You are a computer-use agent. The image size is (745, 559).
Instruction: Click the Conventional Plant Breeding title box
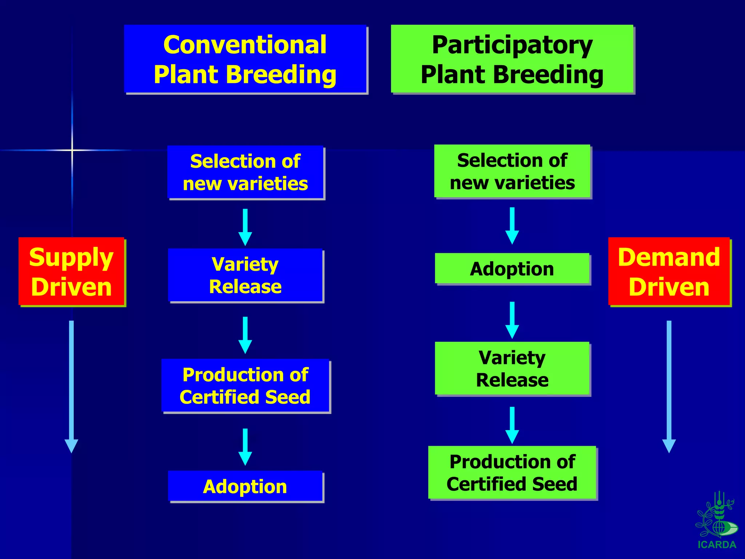tap(245, 59)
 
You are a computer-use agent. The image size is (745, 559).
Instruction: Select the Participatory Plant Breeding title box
tap(512, 59)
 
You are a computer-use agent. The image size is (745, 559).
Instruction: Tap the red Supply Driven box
tap(71, 271)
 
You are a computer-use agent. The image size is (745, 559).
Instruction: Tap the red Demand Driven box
tap(669, 271)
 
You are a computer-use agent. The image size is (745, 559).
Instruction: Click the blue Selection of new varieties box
tap(246, 172)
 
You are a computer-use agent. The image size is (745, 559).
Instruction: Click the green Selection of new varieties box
tap(512, 171)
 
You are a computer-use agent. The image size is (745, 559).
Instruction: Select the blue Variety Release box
tap(246, 275)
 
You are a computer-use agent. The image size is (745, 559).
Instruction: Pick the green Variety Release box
tap(512, 368)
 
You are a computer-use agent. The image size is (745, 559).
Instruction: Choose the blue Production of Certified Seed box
tap(246, 385)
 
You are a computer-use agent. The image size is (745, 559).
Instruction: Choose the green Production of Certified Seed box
tap(512, 472)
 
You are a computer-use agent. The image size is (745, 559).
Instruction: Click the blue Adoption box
tap(246, 486)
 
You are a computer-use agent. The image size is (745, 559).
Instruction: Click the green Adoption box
tap(512, 269)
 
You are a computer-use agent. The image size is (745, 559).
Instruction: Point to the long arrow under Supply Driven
tap(71, 386)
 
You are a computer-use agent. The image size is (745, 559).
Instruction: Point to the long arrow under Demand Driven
tap(669, 386)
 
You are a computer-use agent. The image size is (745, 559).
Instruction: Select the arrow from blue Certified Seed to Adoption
tap(245, 447)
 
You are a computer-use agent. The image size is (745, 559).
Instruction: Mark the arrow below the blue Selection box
tap(245, 227)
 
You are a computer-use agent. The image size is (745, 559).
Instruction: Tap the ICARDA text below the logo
tap(717, 545)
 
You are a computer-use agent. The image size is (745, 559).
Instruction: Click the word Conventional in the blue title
tap(245, 45)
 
